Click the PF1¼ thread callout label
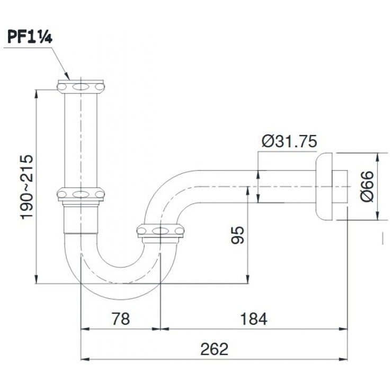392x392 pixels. coord(30,38)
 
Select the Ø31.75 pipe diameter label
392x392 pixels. coord(289,141)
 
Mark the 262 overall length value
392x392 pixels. coord(214,349)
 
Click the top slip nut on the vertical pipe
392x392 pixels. coord(81,86)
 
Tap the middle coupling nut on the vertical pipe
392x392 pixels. coord(81,194)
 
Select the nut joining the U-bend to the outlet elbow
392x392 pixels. coord(160,230)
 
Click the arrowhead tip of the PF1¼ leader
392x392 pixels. coord(69,79)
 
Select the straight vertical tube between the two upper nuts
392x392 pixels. coord(81,140)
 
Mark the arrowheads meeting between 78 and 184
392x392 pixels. coord(160,329)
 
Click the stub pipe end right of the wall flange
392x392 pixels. coord(341,186)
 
